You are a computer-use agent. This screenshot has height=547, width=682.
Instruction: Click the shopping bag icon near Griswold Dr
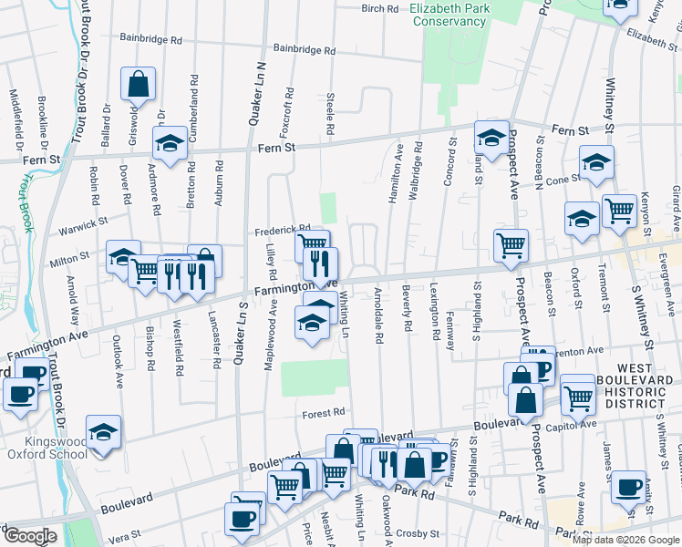pyautogui.click(x=139, y=85)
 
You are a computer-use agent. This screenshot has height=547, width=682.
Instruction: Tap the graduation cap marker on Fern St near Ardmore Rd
pyautogui.click(x=170, y=143)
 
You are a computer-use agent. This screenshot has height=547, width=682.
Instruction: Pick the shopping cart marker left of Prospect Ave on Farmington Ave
pyautogui.click(x=511, y=243)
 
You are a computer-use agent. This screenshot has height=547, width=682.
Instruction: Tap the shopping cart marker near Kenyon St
pyautogui.click(x=619, y=210)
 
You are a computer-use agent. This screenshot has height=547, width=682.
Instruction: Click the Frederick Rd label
pyautogui.click(x=283, y=230)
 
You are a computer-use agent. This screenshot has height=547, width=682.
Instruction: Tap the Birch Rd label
pyautogui.click(x=380, y=8)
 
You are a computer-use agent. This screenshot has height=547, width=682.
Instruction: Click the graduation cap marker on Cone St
pyautogui.click(x=596, y=161)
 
